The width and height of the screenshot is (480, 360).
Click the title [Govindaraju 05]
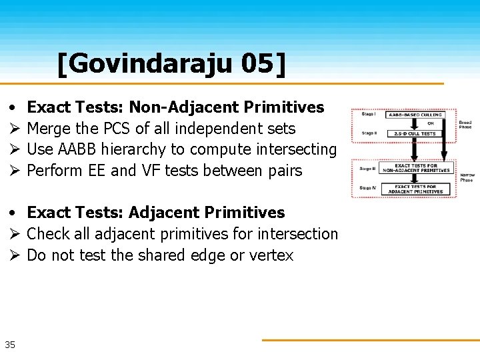pyautogui.click(x=171, y=64)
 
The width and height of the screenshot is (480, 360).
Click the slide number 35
pyautogui.click(x=10, y=345)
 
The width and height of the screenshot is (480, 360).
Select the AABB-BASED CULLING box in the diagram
pyautogui.click(x=416, y=115)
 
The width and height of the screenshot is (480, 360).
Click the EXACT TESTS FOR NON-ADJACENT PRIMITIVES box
pyautogui.click(x=417, y=168)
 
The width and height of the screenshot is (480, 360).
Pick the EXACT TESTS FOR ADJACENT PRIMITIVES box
pyautogui.click(x=417, y=189)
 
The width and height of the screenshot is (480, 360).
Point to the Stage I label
pyautogui.click(x=367, y=114)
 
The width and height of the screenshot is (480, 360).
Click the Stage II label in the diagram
pyautogui.click(x=367, y=133)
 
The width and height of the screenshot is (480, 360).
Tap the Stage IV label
pyautogui.click(x=367, y=188)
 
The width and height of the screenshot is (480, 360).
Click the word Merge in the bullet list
pyautogui.click(x=49, y=128)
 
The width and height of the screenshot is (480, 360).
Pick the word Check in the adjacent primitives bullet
pyautogui.click(x=47, y=234)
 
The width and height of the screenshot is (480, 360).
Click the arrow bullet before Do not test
pyautogui.click(x=13, y=255)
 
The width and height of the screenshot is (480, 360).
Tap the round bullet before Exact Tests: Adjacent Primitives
pyautogui.click(x=13, y=213)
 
